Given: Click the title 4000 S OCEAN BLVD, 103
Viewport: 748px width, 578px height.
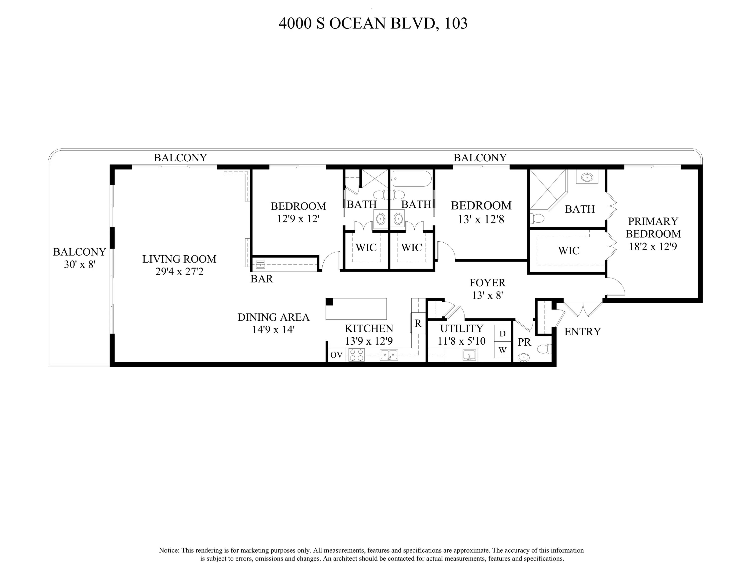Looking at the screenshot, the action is tap(373, 23).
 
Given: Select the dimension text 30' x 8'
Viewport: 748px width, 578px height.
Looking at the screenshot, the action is tap(80, 264).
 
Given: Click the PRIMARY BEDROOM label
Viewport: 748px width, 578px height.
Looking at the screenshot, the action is tap(653, 227).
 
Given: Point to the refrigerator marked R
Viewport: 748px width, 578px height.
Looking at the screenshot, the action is tap(418, 323).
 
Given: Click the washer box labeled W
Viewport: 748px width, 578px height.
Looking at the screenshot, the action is tap(502, 350).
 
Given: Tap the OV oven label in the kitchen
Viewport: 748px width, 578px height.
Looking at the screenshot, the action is tap(336, 355).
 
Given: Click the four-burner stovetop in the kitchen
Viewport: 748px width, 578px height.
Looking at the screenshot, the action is tap(356, 355).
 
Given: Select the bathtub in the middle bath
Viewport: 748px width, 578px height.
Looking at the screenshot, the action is tap(412, 179).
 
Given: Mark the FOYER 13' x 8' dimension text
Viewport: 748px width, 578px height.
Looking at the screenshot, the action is tap(487, 295).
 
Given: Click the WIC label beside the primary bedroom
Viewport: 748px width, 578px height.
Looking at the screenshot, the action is tap(568, 251).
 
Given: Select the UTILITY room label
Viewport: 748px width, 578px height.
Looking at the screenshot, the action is tap(462, 328).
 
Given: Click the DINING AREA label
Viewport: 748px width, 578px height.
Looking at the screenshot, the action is tap(273, 317).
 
